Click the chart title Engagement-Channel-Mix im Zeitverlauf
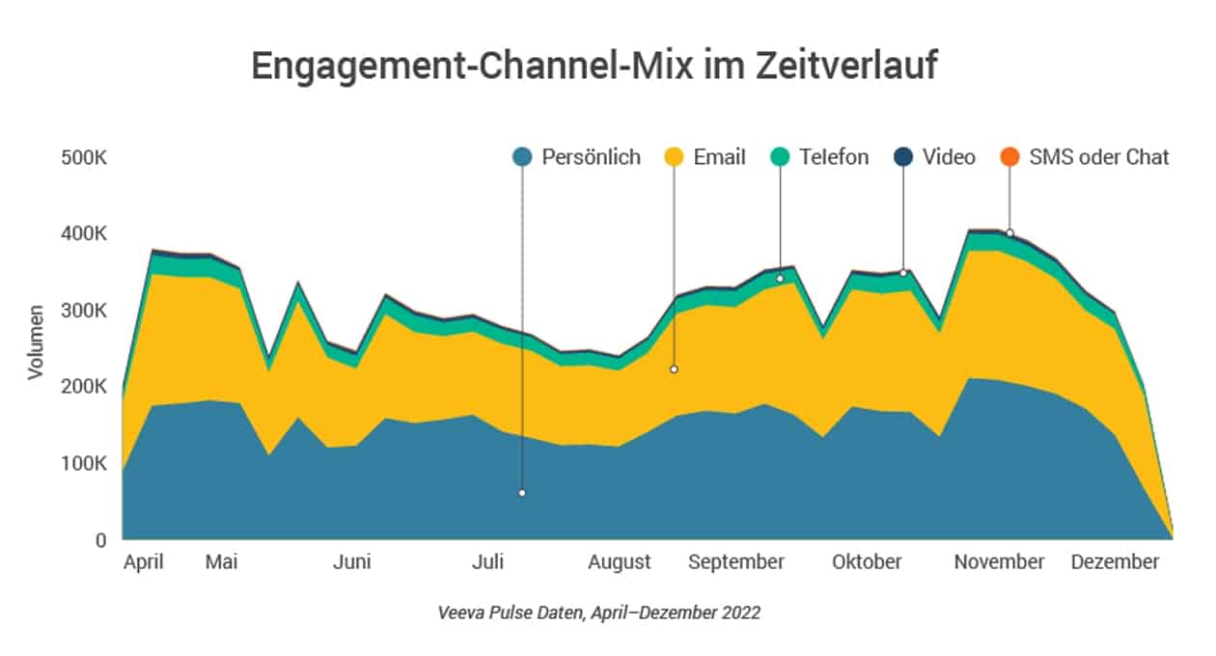click(594, 67)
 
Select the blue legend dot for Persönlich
click(522, 157)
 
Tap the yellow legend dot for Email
click(675, 157)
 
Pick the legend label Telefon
click(834, 157)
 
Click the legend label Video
click(949, 157)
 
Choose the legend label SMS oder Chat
click(1099, 157)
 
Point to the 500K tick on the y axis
click(84, 157)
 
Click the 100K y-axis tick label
click(84, 463)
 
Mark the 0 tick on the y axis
click(100, 540)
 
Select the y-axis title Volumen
click(36, 342)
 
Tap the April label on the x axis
click(144, 562)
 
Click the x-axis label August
click(619, 562)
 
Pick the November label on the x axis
click(999, 562)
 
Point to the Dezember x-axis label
click(1115, 562)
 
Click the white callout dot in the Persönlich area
click(522, 493)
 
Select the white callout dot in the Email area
click(675, 369)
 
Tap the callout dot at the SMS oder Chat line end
click(1009, 232)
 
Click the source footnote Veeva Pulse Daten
click(598, 613)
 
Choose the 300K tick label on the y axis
click(84, 311)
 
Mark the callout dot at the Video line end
click(903, 273)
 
